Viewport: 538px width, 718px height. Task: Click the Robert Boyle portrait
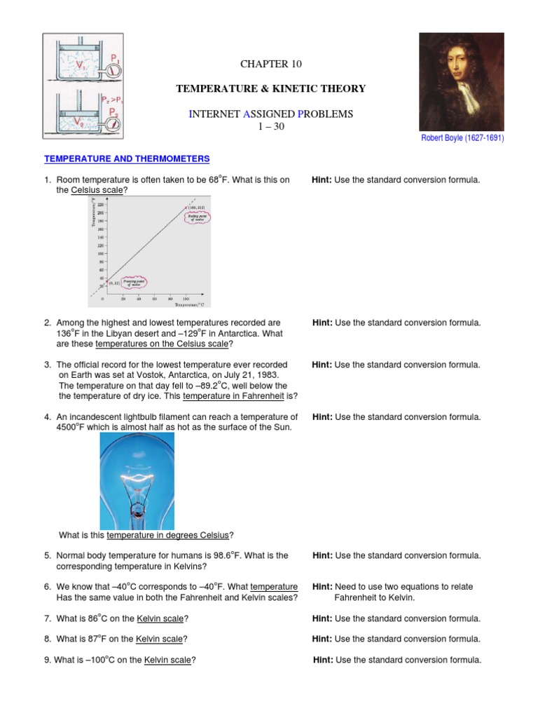461,81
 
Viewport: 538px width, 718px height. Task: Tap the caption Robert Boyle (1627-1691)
462,138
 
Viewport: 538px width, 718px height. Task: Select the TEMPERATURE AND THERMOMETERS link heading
127,160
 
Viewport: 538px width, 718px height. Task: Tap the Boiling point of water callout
196,218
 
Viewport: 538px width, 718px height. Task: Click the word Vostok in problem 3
161,375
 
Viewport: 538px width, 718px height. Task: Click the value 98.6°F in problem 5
240,555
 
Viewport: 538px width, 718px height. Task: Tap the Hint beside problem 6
322,587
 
